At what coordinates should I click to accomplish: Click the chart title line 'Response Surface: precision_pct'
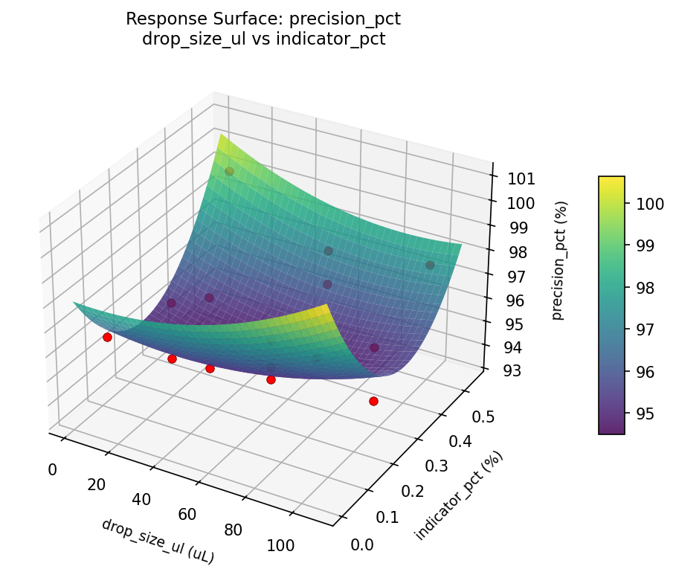pyautogui.click(x=263, y=19)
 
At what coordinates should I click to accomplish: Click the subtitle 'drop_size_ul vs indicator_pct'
pyautogui.click(x=263, y=39)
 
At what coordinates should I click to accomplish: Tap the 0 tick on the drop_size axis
pyautogui.click(x=52, y=469)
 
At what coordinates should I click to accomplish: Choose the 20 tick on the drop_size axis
pyautogui.click(x=96, y=484)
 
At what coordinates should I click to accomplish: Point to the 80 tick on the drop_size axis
pyautogui.click(x=233, y=530)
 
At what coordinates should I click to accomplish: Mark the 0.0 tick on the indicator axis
pyautogui.click(x=361, y=545)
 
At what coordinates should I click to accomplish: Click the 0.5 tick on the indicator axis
pyautogui.click(x=483, y=417)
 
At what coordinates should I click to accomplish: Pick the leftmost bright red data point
pyautogui.click(x=107, y=337)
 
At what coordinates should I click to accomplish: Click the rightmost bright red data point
pyautogui.click(x=373, y=401)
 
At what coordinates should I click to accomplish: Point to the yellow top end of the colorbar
pyautogui.click(x=611, y=179)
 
